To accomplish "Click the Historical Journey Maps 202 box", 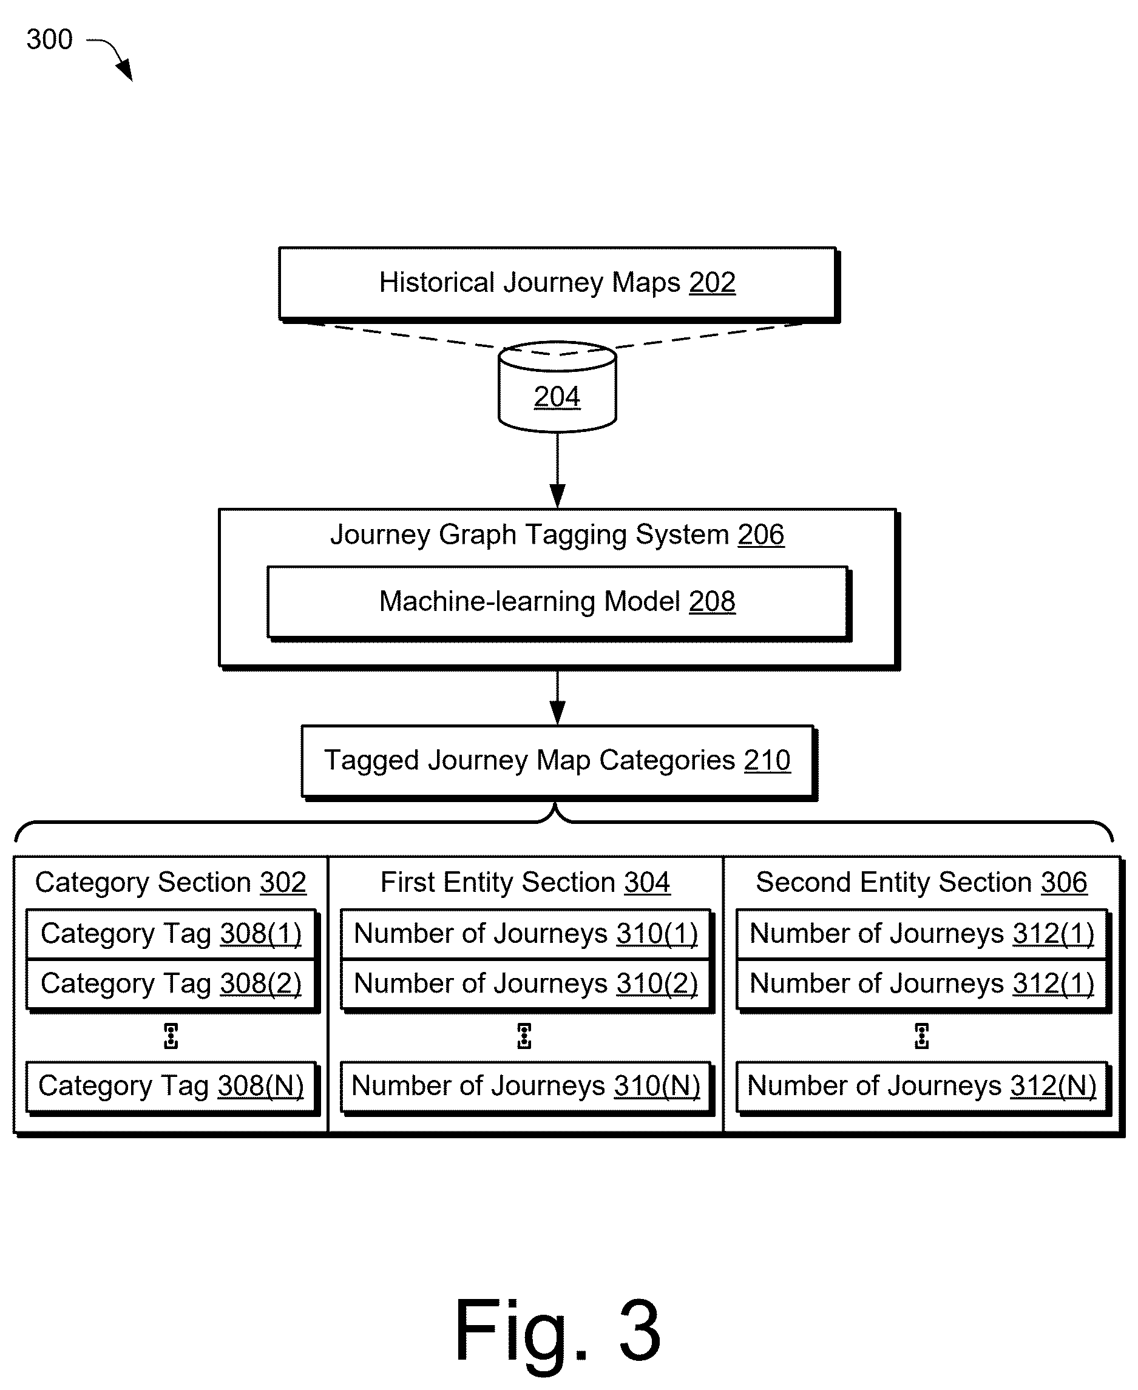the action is coord(558,285).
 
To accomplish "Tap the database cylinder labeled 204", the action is coord(557,386).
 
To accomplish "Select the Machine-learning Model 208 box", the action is coord(558,603).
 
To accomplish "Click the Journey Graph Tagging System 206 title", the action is coord(557,535).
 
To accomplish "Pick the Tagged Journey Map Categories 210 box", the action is coord(558,762).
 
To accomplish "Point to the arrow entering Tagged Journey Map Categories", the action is coord(557,697).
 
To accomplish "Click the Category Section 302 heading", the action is coord(171,883).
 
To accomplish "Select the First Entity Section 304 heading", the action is coord(525,883).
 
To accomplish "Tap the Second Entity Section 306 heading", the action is coord(921,883).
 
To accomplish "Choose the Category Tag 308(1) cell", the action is coord(171,934).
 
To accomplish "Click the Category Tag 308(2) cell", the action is coord(171,984).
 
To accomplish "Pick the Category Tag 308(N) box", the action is coord(171,1087).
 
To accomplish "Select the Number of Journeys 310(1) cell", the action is coord(526,934).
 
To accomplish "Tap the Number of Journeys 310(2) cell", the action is coord(526,984).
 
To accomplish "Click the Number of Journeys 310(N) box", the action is coord(526,1087).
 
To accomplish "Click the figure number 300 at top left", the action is coord(49,39).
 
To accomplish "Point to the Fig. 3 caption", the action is coord(558,1331).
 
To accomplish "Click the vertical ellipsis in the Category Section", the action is coord(171,1036).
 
